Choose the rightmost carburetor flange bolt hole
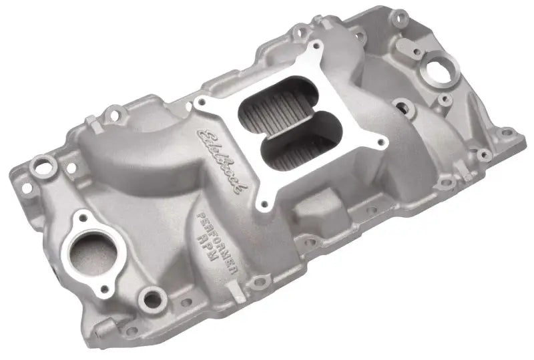384,142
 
